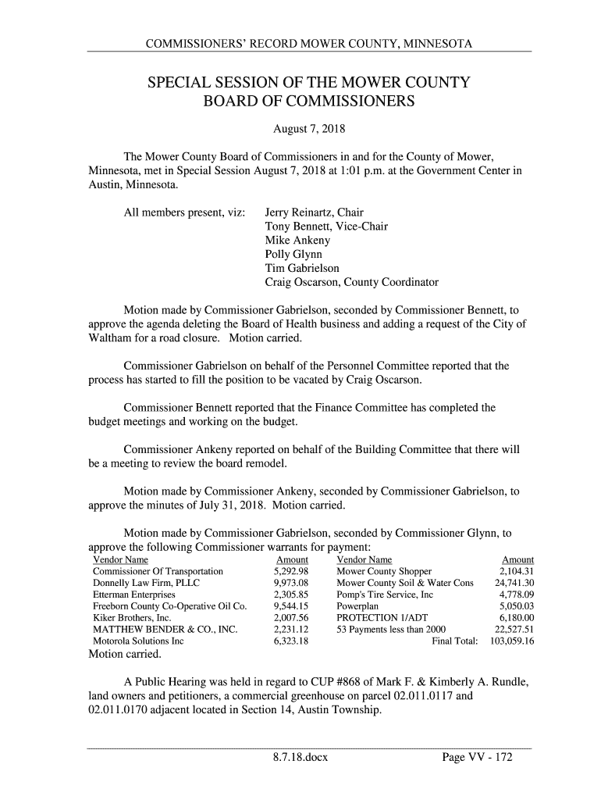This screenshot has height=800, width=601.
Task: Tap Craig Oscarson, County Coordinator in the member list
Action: (352, 283)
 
